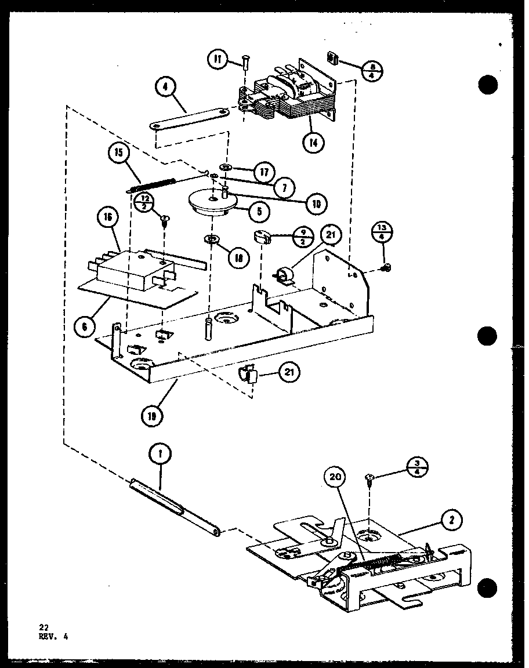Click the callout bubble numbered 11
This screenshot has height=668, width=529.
click(217, 59)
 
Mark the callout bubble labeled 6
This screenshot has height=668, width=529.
click(85, 327)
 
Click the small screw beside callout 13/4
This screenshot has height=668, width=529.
click(387, 267)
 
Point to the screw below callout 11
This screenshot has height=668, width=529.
click(244, 77)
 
